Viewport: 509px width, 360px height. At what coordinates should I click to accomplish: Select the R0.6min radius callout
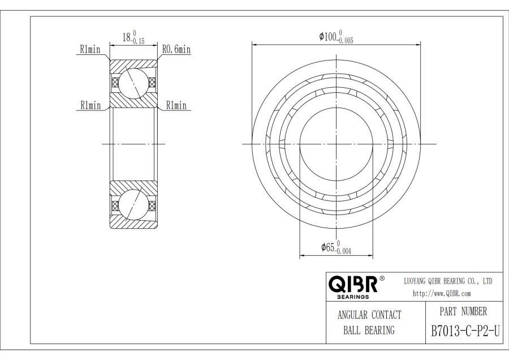176,49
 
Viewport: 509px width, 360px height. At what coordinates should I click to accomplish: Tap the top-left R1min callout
90,49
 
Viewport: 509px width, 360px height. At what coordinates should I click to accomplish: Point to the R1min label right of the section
176,105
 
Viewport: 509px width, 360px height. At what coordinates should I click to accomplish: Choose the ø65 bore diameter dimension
336,248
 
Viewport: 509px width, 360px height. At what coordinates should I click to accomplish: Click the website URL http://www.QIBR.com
442,294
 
